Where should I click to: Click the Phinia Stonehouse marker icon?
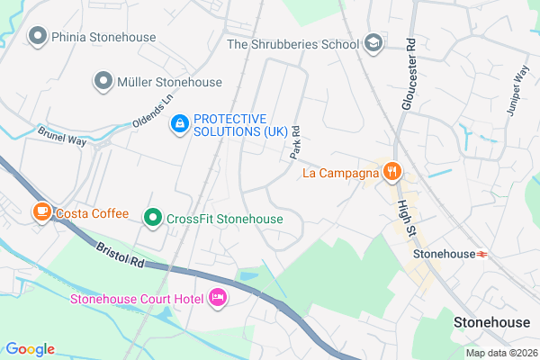click(x=38, y=37)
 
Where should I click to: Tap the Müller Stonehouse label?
click(x=169, y=82)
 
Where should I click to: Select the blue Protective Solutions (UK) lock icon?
click(x=180, y=123)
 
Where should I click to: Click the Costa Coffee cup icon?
click(x=41, y=212)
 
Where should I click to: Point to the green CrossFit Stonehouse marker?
click(x=153, y=218)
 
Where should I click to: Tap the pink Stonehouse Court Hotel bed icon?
click(x=217, y=297)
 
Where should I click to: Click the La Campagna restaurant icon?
click(x=391, y=172)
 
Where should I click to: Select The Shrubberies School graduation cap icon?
click(x=373, y=43)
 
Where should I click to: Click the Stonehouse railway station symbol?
click(x=483, y=254)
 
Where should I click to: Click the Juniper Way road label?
click(x=519, y=87)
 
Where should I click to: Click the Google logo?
click(x=29, y=349)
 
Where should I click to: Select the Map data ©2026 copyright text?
click(x=499, y=353)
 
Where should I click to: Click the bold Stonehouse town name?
click(x=491, y=321)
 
